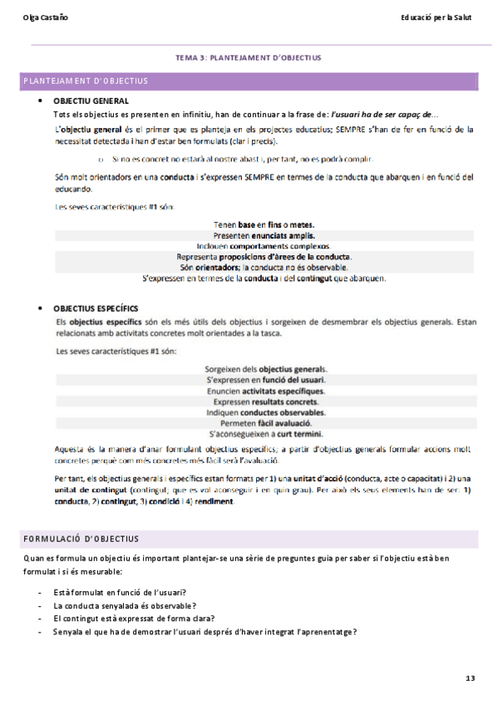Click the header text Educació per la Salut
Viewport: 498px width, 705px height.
click(436, 17)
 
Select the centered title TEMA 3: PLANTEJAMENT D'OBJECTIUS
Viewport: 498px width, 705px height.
click(249, 58)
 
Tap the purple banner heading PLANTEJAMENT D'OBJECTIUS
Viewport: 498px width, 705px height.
click(86, 81)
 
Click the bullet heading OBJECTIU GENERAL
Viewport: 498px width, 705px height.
click(91, 101)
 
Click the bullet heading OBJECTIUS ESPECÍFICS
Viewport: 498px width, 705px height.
click(96, 308)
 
